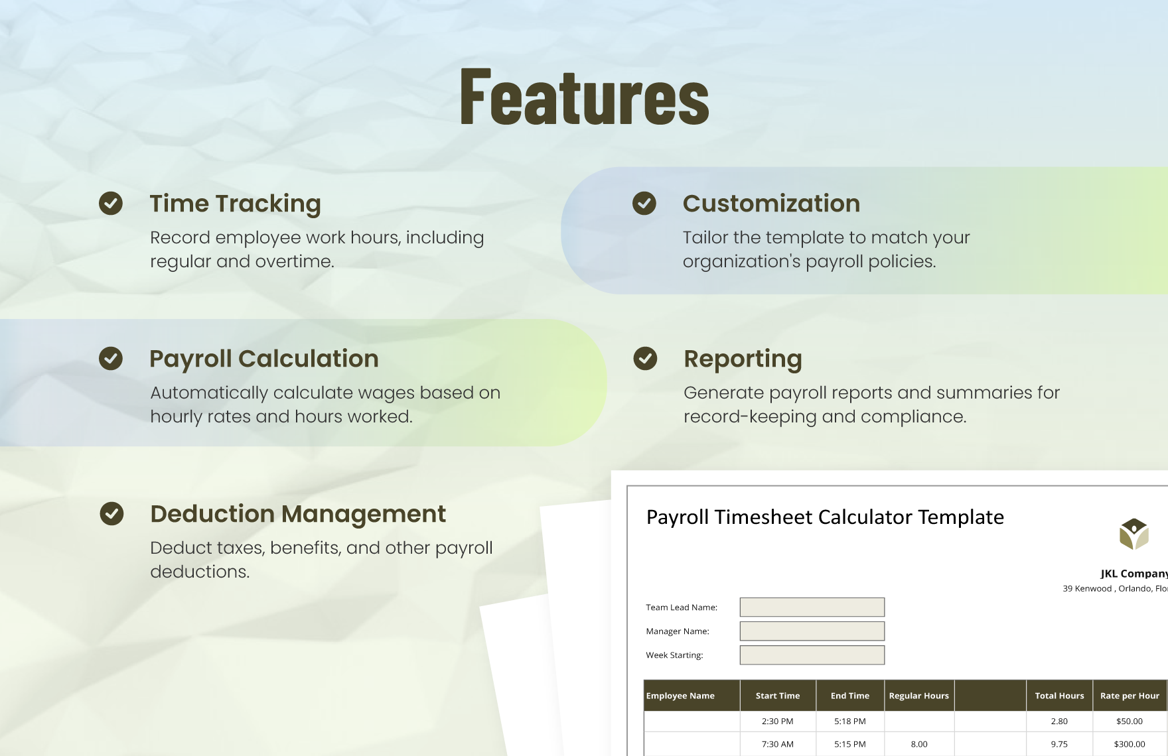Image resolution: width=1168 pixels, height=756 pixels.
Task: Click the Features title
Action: [585, 97]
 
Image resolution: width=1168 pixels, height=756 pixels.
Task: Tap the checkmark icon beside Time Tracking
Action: [111, 203]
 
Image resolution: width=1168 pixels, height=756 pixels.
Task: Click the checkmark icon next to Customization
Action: [644, 203]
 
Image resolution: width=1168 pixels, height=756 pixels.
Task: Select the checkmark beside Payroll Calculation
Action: [111, 358]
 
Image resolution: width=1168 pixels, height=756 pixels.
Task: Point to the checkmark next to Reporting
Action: [645, 358]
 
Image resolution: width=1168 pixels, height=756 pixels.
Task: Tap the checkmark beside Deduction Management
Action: [111, 513]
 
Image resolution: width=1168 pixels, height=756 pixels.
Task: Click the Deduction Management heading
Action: [298, 514]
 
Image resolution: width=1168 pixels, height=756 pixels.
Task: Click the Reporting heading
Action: [743, 359]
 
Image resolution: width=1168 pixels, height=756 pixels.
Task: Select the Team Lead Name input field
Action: [812, 607]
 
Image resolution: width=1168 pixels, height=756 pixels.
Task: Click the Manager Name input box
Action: [812, 631]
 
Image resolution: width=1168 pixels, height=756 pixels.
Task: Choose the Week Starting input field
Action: [812, 655]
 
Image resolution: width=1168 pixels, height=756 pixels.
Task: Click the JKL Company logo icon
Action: [1133, 535]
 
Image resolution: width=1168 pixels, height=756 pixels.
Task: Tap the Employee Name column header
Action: [681, 696]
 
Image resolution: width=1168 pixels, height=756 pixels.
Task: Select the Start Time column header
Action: [778, 696]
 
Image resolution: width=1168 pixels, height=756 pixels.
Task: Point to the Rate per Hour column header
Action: [1130, 696]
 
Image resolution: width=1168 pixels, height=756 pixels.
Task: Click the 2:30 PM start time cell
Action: [778, 721]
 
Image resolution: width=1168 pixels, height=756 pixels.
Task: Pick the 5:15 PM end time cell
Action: [850, 744]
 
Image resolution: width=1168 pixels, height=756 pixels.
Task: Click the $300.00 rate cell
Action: [1130, 744]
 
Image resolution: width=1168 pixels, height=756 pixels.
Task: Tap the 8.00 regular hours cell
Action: [919, 744]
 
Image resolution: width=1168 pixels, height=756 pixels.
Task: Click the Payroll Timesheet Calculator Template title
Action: [825, 517]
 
